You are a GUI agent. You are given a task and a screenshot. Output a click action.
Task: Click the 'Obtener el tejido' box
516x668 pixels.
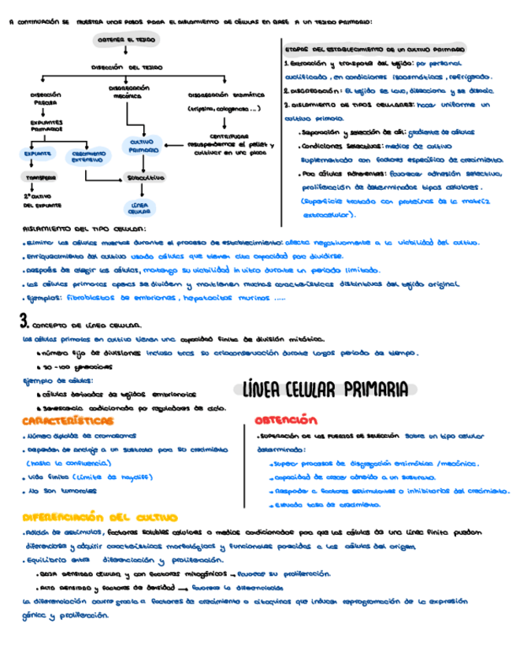tap(125, 39)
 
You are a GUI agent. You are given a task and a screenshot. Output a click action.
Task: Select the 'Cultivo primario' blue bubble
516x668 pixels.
tap(143, 146)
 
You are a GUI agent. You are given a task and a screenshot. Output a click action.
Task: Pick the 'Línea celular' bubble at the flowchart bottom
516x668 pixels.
tap(139, 208)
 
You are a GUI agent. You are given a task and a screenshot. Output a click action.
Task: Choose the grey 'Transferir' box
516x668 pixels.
tap(38, 179)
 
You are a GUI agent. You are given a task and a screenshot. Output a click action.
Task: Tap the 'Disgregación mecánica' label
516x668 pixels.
tap(124, 91)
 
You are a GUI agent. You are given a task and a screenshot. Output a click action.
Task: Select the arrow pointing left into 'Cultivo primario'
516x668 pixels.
tap(174, 145)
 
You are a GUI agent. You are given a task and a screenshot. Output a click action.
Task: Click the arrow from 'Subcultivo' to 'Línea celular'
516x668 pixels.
tap(141, 192)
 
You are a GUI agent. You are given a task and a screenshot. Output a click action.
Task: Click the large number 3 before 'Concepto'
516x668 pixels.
tap(24, 320)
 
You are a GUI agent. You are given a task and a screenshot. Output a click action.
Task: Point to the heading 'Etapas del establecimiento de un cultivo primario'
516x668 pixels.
tap(374, 48)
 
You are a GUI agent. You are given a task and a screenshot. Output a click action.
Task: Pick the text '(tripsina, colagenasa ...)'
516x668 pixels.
tap(221, 109)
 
